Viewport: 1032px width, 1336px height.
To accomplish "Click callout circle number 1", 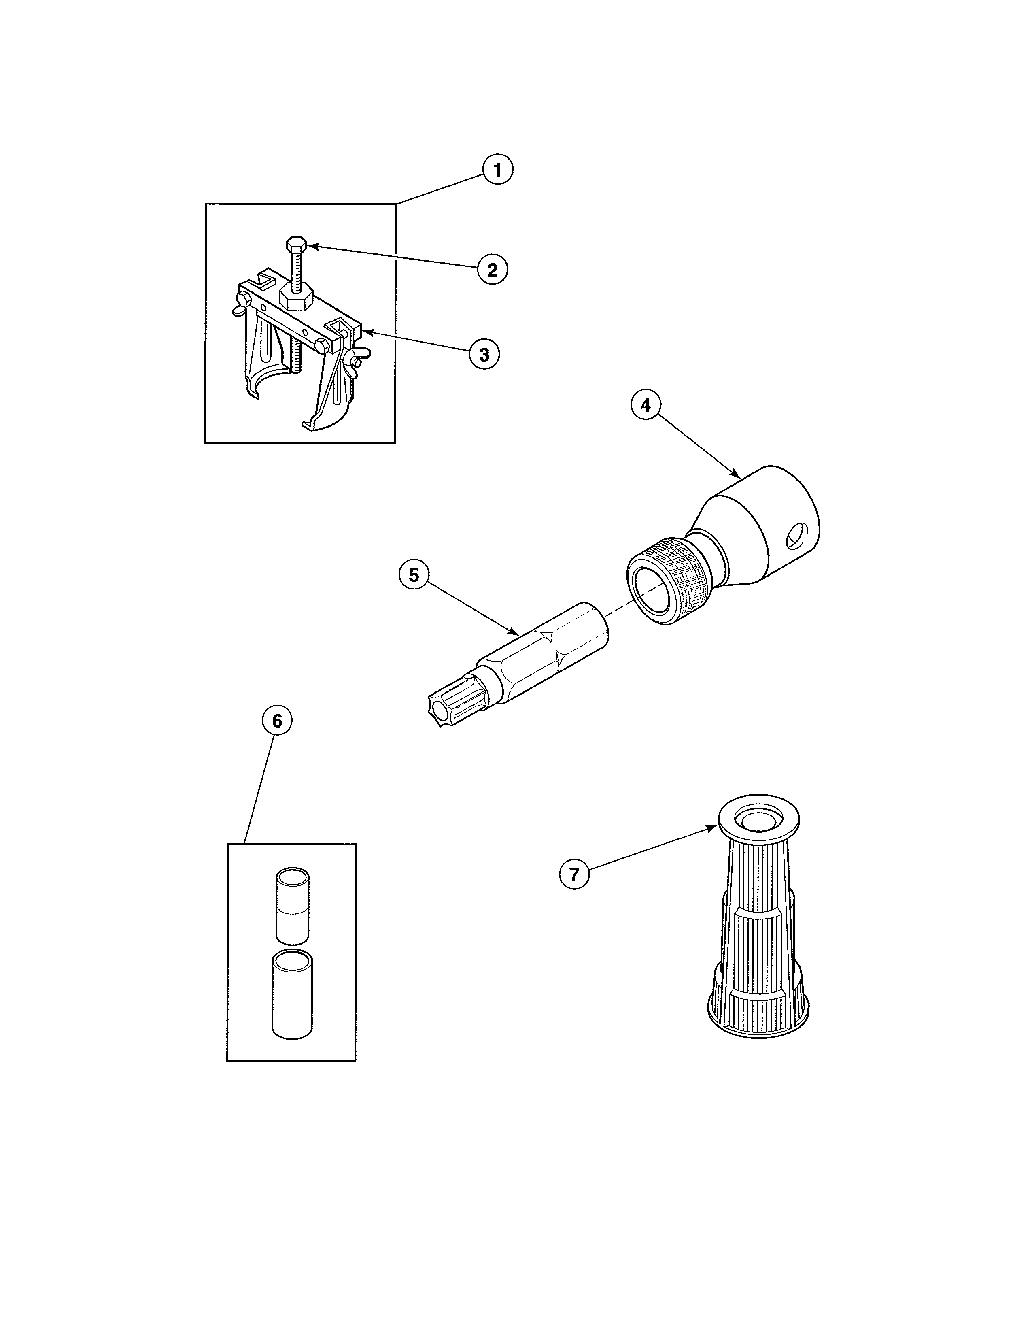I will [x=497, y=170].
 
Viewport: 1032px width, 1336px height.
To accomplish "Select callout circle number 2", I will [x=492, y=269].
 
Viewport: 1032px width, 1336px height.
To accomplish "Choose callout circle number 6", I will [x=277, y=721].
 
